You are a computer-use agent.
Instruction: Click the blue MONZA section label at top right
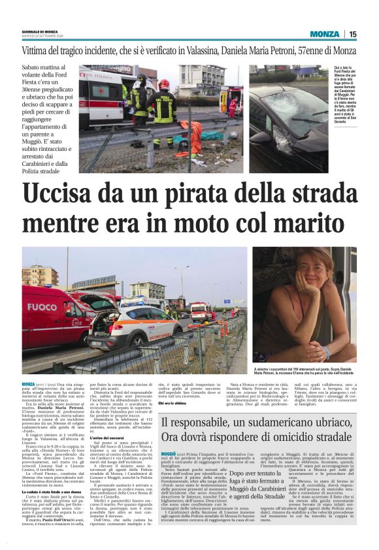pos(325,34)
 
